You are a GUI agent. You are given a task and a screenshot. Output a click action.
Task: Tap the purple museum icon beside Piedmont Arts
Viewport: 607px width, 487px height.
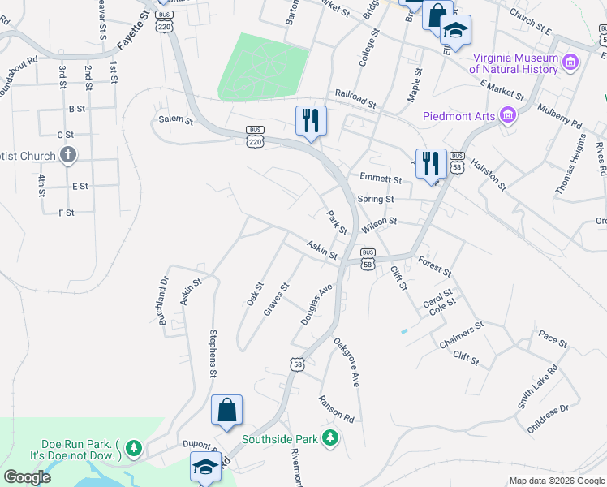point(509,116)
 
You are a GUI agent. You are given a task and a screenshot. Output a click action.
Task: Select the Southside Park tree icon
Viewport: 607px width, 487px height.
point(329,439)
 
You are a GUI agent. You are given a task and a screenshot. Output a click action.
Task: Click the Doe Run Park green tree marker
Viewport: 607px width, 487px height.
point(134,447)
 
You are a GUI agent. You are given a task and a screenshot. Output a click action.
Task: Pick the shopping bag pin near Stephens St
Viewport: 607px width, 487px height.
point(227,411)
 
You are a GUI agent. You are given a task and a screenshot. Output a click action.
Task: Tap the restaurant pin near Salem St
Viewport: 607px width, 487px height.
point(311,122)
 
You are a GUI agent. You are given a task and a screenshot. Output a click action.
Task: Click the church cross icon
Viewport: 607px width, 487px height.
point(68,155)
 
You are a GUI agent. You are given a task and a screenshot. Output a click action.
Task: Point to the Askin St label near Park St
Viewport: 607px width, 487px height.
point(322,250)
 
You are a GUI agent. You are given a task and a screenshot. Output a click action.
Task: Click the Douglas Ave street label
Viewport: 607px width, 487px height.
point(317,305)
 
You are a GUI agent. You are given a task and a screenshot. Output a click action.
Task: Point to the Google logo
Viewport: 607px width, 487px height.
point(27,476)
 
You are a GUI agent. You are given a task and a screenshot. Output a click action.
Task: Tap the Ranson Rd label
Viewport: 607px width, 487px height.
point(336,408)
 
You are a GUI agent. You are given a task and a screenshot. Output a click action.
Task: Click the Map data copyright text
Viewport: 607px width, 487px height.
point(556,481)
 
